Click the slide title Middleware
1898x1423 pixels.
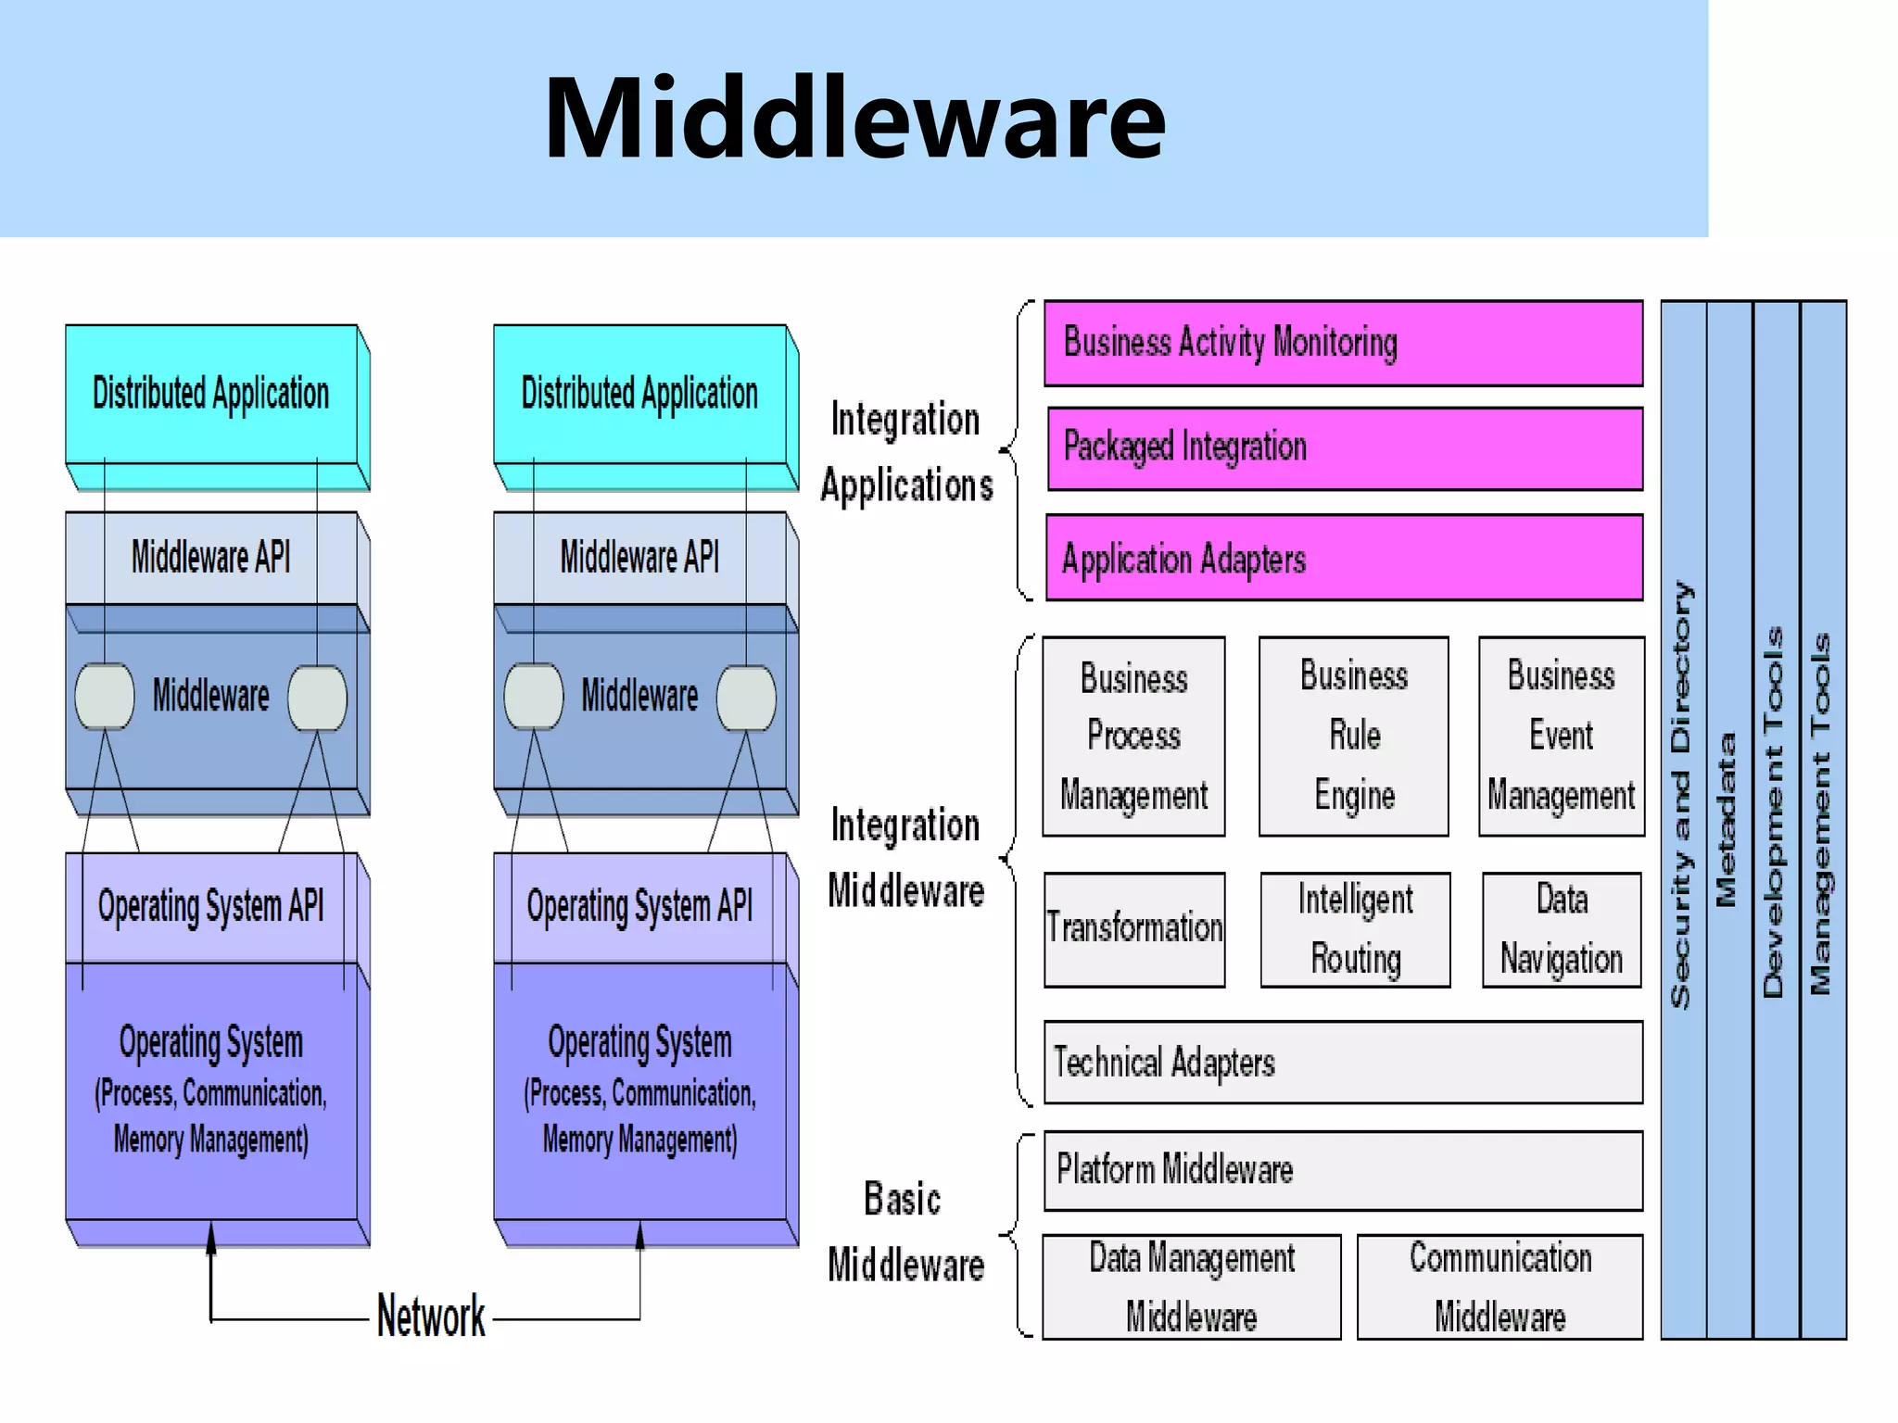854,119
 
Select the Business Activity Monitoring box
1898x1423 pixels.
1343,343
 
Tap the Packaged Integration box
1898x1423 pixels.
1345,448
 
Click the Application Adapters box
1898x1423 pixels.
1344,559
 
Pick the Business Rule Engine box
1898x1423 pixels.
1353,737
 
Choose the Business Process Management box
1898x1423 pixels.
1133,737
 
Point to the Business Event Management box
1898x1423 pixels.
1561,737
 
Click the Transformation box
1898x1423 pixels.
1134,929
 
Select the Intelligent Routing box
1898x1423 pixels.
1355,929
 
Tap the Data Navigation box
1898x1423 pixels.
1562,929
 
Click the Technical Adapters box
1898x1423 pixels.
1343,1063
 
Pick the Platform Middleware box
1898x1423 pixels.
1343,1170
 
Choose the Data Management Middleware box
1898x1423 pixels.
1191,1287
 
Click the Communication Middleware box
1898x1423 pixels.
1499,1287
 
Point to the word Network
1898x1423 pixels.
431,1316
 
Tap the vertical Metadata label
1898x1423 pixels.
1726,820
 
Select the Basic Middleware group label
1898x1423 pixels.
905,1232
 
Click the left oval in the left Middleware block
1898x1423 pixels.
105,697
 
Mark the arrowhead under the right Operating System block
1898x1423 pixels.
639,1235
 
